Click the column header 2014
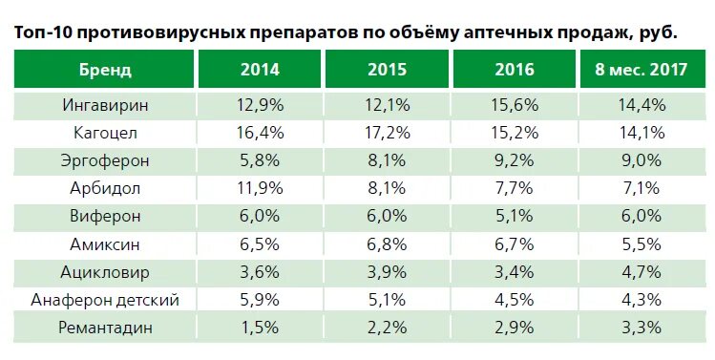click(x=260, y=70)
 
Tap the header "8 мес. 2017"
click(x=641, y=70)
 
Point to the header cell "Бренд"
click(x=105, y=70)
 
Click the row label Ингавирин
click(x=105, y=103)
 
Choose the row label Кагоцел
click(x=105, y=132)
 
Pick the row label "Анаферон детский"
click(x=105, y=300)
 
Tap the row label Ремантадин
click(x=105, y=328)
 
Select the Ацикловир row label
click(x=105, y=272)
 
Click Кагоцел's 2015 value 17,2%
click(x=388, y=132)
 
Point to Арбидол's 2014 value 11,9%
click(x=260, y=188)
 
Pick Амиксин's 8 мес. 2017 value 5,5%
click(x=641, y=244)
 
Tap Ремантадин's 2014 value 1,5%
click(x=260, y=328)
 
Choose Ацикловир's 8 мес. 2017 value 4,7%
click(x=641, y=272)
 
